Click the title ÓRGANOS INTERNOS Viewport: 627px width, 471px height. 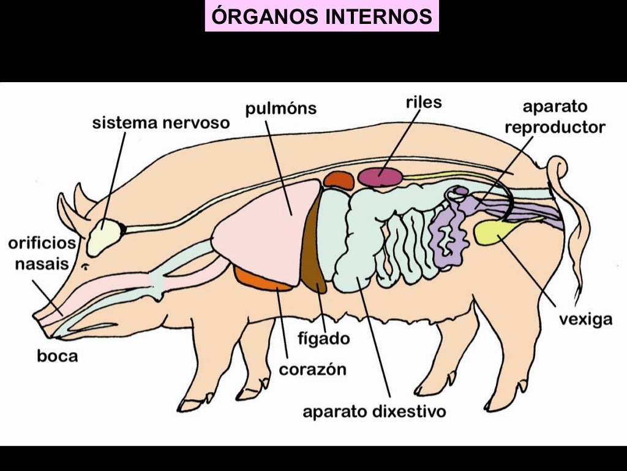point(322,17)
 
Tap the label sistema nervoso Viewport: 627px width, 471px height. point(161,123)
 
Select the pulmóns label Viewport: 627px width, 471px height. point(281,109)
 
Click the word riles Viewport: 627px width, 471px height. point(423,102)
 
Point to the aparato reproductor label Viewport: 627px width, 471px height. point(555,117)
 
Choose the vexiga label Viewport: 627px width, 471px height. point(585,319)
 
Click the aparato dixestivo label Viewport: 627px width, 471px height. point(374,410)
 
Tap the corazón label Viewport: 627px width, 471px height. point(312,369)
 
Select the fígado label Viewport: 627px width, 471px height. point(323,338)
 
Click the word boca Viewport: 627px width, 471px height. point(58,355)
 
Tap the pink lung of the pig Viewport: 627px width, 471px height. point(263,233)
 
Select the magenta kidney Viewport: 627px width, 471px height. point(380,177)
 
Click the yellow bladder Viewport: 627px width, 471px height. point(493,232)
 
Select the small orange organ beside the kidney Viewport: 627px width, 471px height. point(339,180)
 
